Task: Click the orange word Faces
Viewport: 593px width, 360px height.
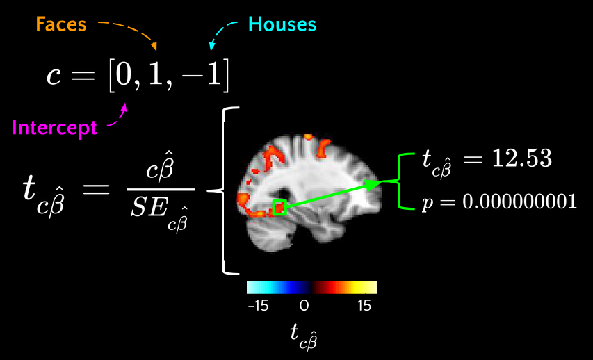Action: click(x=61, y=25)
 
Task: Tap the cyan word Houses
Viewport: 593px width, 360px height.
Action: click(x=282, y=25)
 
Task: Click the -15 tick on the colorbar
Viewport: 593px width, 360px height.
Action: click(x=258, y=305)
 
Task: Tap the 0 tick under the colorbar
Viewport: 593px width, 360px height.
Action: click(x=304, y=305)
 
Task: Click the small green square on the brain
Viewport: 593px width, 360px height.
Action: click(x=279, y=207)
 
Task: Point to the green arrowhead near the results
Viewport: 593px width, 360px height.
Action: click(x=374, y=183)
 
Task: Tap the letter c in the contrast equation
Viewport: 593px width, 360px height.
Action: click(x=54, y=75)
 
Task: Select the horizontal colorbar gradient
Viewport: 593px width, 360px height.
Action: click(x=311, y=287)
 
